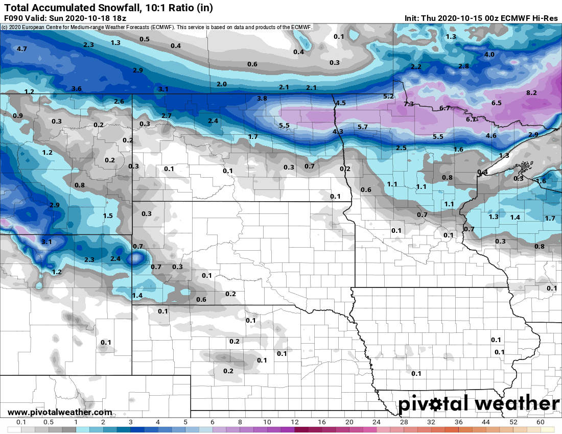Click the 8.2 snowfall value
531,93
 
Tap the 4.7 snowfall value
21,49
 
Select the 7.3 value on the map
409,104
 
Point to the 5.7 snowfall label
363,127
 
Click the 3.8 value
262,99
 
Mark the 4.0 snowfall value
489,55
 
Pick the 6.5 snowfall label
496,103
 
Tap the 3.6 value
77,89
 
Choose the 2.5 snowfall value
401,148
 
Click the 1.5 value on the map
108,216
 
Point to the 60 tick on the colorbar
541,422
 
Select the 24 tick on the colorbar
377,422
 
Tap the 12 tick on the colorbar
294,422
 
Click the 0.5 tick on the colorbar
49,422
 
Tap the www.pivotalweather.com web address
60,412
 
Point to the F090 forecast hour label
13,18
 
